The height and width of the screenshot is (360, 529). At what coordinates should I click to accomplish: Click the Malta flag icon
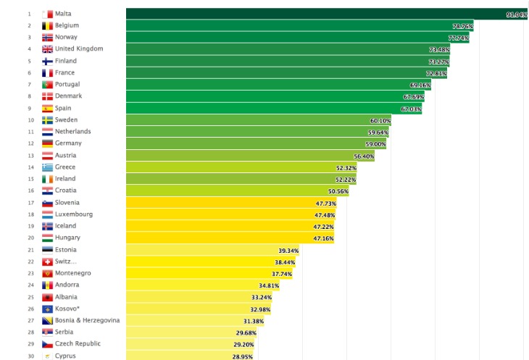point(47,14)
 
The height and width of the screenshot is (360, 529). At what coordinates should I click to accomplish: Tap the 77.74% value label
point(459,38)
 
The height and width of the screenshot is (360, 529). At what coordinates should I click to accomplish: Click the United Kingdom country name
point(79,49)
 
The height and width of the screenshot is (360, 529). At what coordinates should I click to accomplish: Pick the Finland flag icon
point(47,62)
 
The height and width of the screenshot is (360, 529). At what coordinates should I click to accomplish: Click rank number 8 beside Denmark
point(30,96)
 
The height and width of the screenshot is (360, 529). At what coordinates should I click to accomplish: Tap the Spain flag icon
point(47,109)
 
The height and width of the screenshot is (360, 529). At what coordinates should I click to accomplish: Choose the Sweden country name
point(66,120)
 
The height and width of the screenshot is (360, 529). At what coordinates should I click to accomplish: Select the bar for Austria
point(250,156)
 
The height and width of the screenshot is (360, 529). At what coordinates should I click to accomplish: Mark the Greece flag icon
point(47,167)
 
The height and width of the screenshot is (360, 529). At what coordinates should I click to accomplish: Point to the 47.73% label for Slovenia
point(325,203)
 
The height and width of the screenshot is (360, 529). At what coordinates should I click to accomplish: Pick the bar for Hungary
point(230,238)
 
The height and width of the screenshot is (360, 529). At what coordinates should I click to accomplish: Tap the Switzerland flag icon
point(47,261)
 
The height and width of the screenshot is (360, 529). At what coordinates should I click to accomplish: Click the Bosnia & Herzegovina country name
point(87,320)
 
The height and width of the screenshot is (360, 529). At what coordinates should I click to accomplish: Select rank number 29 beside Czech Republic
point(30,344)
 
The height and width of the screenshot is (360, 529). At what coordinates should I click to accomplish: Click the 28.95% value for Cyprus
point(242,356)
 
